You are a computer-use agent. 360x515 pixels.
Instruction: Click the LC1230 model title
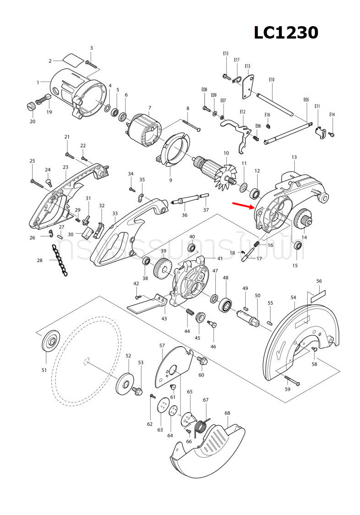[x=286, y=33]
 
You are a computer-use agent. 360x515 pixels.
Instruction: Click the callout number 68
[x=227, y=413]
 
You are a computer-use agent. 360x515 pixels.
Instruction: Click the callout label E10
[x=271, y=80]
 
